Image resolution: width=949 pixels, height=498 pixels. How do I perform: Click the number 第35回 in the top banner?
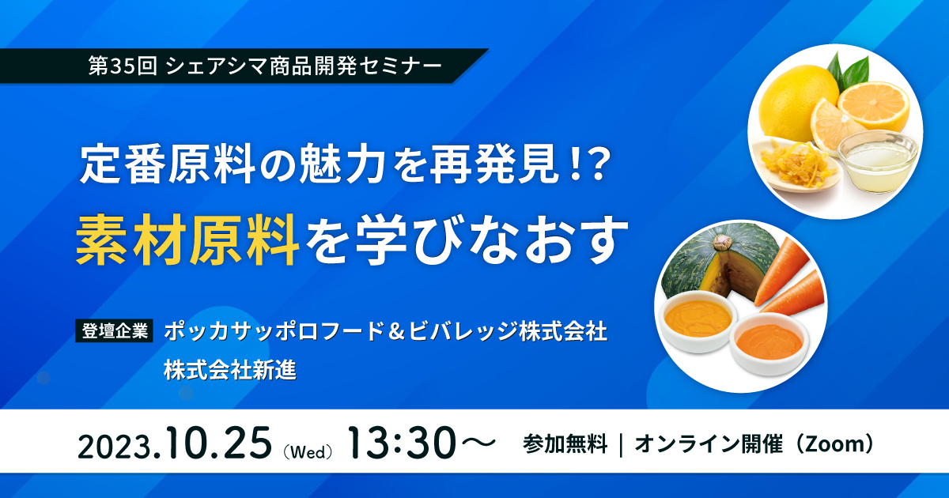point(123,66)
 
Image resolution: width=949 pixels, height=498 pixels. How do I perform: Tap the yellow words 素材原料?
point(187,240)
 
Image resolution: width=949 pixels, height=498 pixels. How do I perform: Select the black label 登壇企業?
point(115,330)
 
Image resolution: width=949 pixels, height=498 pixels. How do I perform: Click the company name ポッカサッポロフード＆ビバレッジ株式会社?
point(386,331)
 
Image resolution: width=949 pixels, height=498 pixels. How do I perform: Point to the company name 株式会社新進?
point(230,370)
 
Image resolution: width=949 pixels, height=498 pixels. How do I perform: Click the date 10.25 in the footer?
point(220,443)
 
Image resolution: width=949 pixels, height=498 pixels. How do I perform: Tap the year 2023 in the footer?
point(115,447)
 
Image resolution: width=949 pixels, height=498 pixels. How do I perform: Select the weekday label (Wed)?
point(308,452)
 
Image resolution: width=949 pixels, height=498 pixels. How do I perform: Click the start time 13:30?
point(403,443)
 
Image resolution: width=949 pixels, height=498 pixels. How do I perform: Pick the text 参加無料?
point(565,444)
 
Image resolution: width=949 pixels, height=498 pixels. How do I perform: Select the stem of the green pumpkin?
point(723,242)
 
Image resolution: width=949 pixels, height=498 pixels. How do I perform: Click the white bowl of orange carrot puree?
point(769,343)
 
